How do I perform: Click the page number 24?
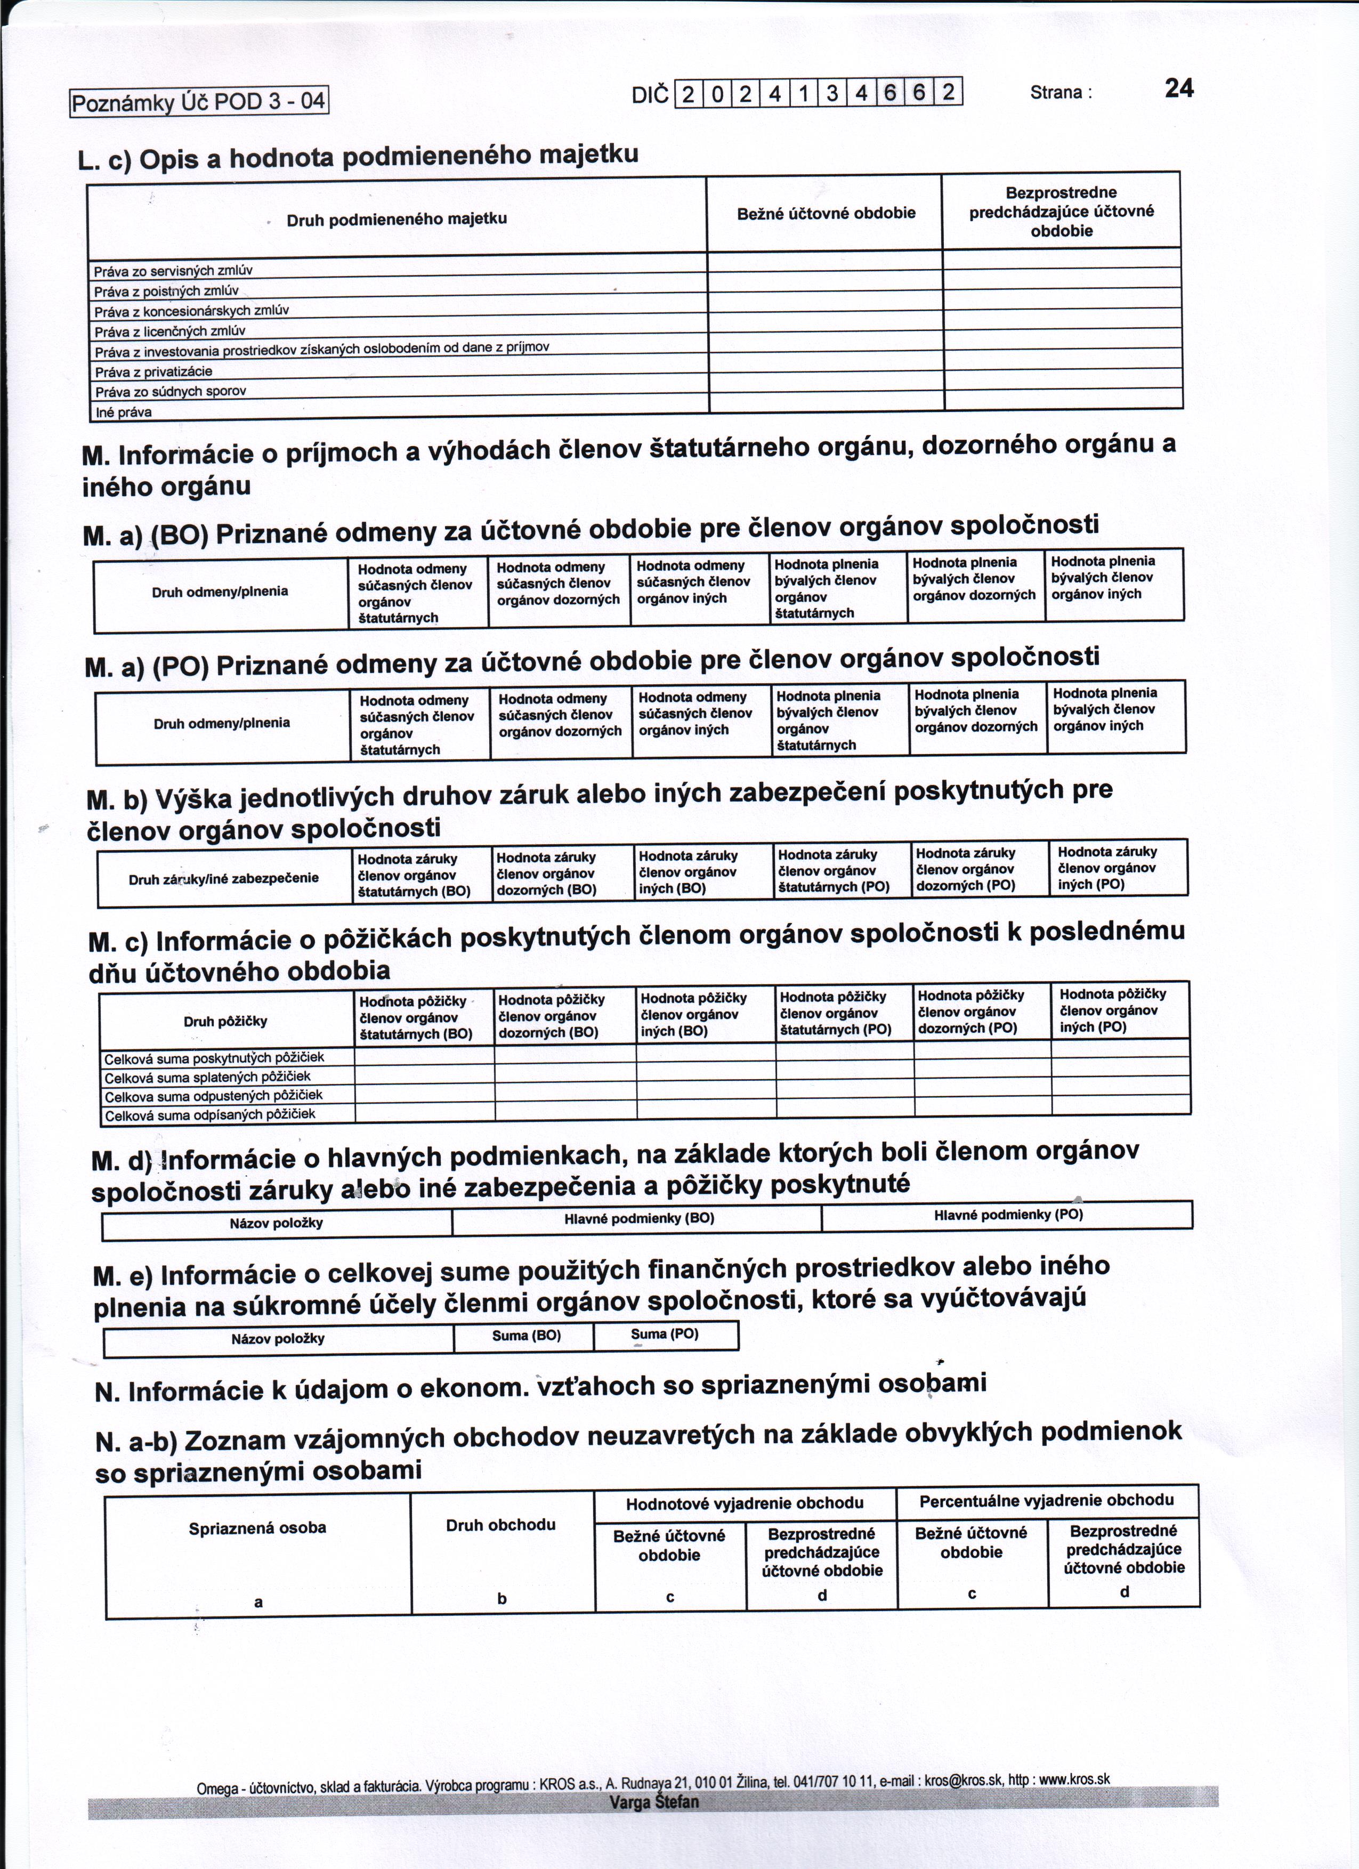click(x=1178, y=88)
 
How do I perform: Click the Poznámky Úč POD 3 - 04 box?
click(x=199, y=102)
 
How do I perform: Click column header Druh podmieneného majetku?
click(x=397, y=219)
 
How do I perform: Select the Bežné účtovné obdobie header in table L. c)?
click(x=826, y=213)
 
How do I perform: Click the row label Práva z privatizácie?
click(x=153, y=371)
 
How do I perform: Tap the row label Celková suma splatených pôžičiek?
click(x=208, y=1077)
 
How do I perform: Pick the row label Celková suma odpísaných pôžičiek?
click(x=210, y=1114)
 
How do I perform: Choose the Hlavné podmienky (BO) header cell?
click(x=638, y=1218)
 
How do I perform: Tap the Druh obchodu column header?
click(x=501, y=1525)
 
